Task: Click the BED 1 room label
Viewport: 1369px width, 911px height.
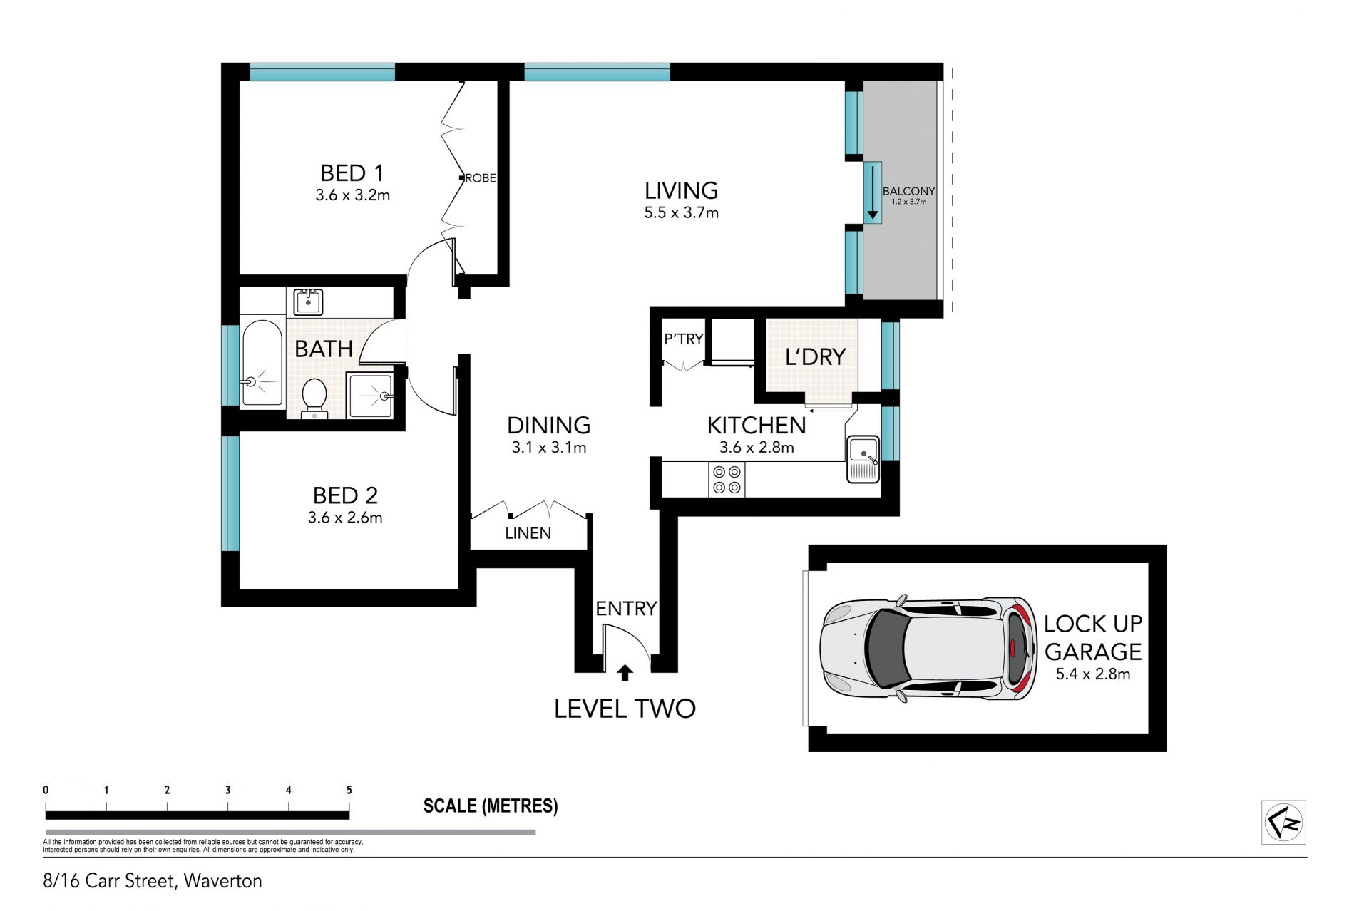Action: click(x=352, y=173)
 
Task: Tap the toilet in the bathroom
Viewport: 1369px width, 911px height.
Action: click(x=314, y=398)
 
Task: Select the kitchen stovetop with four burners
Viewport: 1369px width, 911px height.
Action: click(x=727, y=479)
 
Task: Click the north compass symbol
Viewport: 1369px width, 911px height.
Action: click(x=1283, y=823)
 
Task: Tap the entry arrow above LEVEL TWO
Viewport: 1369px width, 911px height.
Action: click(x=625, y=672)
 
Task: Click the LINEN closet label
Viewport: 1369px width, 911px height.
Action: click(x=528, y=533)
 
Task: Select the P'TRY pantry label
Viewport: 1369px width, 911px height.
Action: click(x=684, y=339)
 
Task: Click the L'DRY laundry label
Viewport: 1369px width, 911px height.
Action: click(x=815, y=356)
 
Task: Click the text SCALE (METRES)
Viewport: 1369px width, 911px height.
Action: click(x=491, y=806)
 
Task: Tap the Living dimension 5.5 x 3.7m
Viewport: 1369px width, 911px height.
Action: click(x=681, y=212)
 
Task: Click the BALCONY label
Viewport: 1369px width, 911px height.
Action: click(x=908, y=191)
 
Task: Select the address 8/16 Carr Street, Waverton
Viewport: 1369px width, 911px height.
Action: click(x=153, y=881)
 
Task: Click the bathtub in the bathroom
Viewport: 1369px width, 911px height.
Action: click(x=262, y=364)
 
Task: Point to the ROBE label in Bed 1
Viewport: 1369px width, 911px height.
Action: click(x=481, y=178)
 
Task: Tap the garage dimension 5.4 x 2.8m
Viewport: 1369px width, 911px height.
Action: click(x=1093, y=674)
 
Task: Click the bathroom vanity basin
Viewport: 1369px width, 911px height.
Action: click(x=308, y=302)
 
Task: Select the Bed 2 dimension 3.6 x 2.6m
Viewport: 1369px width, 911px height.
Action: click(x=345, y=518)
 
